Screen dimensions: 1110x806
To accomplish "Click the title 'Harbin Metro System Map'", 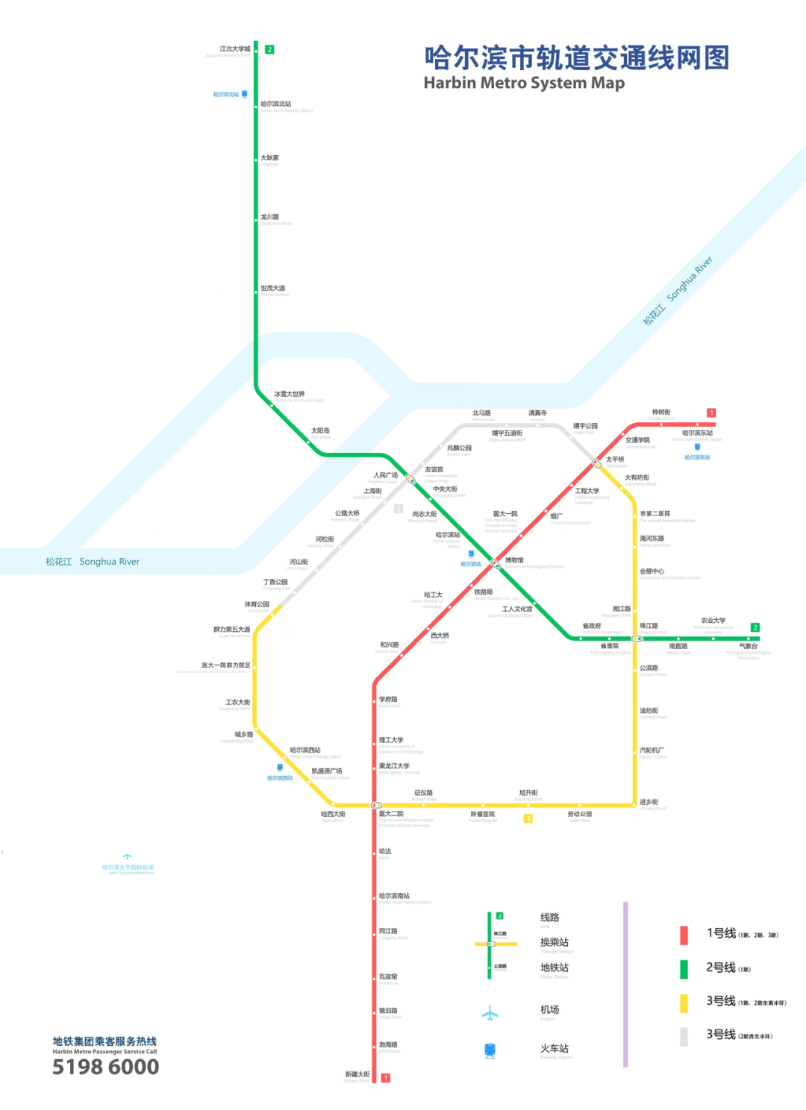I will (524, 83).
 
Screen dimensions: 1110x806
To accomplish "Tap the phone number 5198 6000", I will (105, 1067).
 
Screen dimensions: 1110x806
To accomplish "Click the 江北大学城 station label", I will (234, 49).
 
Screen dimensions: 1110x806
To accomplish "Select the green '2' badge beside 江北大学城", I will (269, 49).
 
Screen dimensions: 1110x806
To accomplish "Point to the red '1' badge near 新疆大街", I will (386, 1078).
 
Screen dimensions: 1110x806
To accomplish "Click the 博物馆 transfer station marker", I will (495, 564).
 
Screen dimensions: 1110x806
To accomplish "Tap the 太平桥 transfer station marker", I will (596, 463).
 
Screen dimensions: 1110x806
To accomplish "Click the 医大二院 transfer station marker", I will (376, 806).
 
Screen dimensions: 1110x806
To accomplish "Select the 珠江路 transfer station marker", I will (637, 639).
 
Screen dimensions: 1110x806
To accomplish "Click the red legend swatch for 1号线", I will (684, 935).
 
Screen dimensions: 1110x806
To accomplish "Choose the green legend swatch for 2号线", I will (684, 969).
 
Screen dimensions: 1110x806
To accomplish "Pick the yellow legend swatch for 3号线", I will (684, 1003).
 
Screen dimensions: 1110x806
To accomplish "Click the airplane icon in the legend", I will (490, 1013).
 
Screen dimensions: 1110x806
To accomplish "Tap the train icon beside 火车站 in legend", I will (490, 1050).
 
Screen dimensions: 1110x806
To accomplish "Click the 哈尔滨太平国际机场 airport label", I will (128, 868).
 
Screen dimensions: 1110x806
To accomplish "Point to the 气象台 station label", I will (748, 647).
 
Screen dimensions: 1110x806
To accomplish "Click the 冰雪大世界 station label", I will (289, 394).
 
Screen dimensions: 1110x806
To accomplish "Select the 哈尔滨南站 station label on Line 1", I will (394, 896).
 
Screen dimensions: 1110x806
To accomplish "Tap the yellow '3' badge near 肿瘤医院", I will (528, 818).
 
